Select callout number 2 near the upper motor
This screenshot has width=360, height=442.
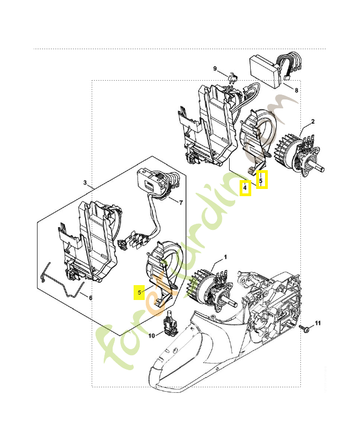[x=313, y=122]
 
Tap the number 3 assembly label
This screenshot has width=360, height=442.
[x=85, y=182]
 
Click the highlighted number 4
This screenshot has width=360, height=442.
[x=245, y=188]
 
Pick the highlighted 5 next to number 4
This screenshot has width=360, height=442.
[x=262, y=180]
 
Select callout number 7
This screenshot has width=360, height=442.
[x=180, y=202]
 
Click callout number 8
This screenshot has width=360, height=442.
[x=296, y=90]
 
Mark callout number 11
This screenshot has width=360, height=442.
[x=317, y=323]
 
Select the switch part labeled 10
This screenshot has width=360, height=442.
[x=169, y=324]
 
